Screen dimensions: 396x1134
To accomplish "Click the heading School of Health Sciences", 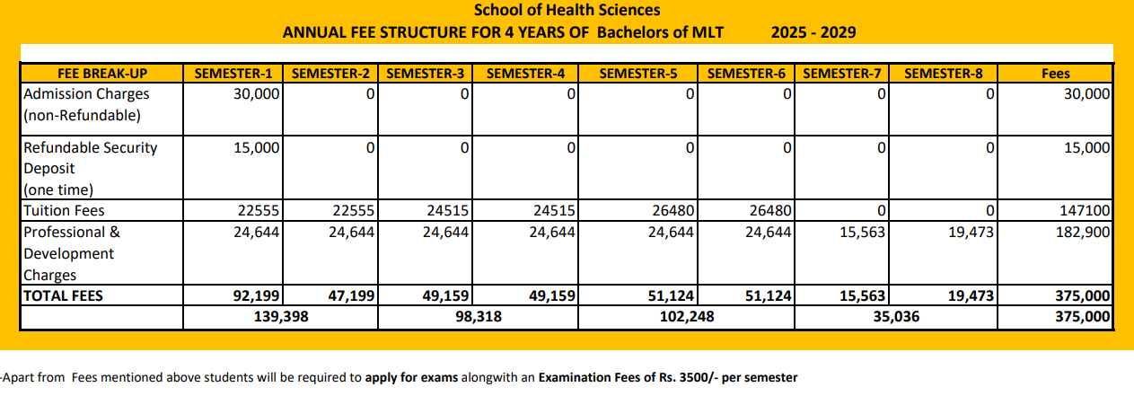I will tap(567, 11).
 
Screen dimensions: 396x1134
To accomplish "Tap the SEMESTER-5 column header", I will tap(637, 75).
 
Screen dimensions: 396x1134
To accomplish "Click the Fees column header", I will tap(1055, 75).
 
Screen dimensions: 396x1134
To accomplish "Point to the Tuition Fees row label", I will tap(64, 211).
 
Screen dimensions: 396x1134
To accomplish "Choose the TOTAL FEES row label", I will tap(63, 295).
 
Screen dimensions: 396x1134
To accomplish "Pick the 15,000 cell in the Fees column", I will tap(1086, 148).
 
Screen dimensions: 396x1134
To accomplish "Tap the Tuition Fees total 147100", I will tap(1086, 211).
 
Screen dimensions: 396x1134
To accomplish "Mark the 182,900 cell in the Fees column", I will tap(1085, 233).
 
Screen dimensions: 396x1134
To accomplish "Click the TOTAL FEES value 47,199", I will tap(351, 295).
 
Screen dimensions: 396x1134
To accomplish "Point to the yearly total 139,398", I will tap(279, 317).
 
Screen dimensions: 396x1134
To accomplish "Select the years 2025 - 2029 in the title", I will tap(813, 33).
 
